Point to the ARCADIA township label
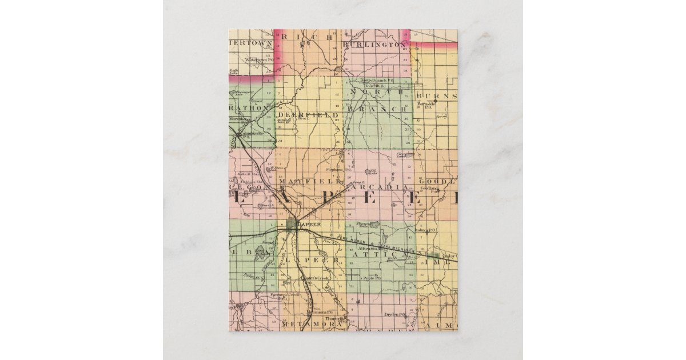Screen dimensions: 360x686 [x=380, y=187]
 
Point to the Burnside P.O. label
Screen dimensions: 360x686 [x=426, y=105]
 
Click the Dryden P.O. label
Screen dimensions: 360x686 [x=395, y=314]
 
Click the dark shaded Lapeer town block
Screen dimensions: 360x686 [x=292, y=224]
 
